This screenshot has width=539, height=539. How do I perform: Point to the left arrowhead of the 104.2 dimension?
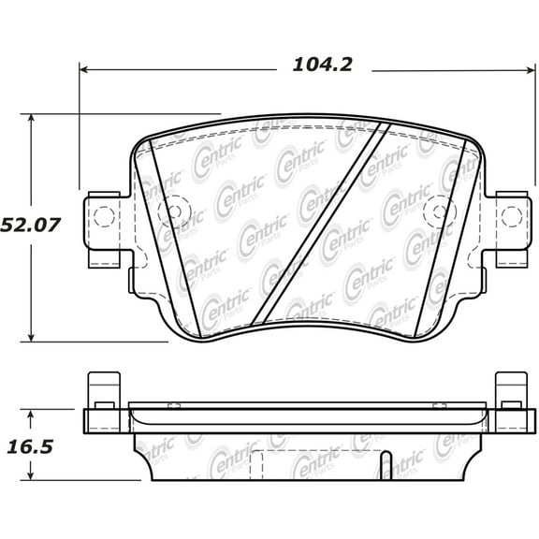(x=84, y=68)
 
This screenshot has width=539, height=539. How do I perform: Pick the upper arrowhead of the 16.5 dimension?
(x=33, y=413)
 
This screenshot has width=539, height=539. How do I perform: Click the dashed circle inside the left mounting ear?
(x=100, y=217)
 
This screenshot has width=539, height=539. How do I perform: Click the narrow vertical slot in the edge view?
(x=384, y=464)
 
